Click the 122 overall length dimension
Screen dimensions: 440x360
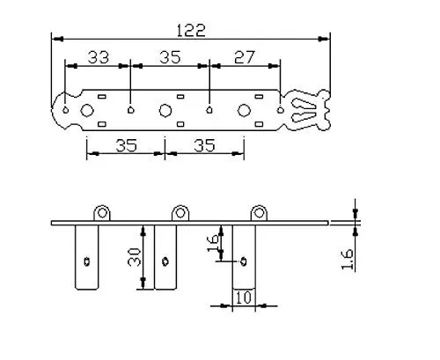(x=191, y=30)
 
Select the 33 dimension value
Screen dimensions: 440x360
(x=99, y=57)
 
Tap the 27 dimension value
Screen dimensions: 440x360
(x=245, y=57)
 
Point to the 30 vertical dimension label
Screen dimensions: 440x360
(x=135, y=257)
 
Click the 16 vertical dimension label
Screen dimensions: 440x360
(x=213, y=243)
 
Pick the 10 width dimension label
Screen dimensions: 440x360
(x=244, y=298)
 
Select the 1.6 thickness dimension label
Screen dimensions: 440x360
(x=347, y=259)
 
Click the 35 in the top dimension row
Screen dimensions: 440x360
(x=170, y=57)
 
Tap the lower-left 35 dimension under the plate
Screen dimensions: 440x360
(x=126, y=145)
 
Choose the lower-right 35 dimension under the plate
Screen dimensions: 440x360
(x=204, y=145)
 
